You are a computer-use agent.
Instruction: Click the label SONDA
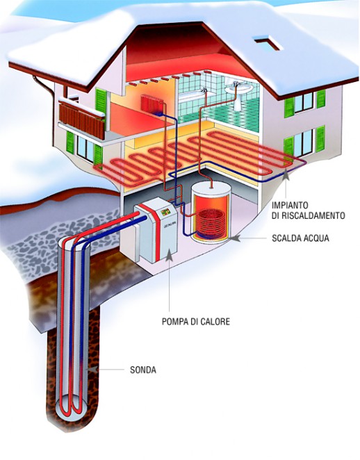tap(143, 370)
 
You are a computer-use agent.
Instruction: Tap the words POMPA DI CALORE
tap(196, 322)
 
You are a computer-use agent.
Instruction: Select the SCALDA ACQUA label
tap(300, 238)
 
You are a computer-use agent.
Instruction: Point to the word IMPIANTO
tap(290, 204)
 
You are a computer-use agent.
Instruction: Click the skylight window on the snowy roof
tap(268, 42)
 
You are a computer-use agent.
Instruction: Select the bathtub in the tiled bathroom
tap(195, 96)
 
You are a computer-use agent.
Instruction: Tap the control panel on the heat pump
tap(165, 211)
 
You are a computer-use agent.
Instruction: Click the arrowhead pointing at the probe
tap(92, 369)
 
